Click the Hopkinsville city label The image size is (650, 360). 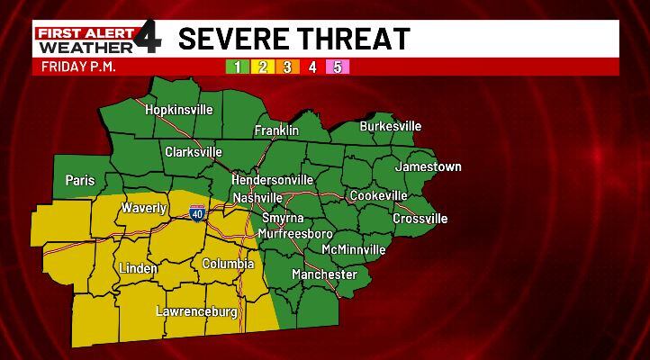[x=180, y=109]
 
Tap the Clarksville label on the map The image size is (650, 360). [x=193, y=152]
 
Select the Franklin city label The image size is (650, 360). [x=276, y=130]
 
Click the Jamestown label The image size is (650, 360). [x=428, y=166]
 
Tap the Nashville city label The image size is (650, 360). [x=257, y=197]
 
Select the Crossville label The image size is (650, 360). [x=420, y=219]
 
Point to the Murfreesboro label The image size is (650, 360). [x=295, y=234]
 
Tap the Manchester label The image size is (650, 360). [x=324, y=274]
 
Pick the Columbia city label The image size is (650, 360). [x=228, y=264]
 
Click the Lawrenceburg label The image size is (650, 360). [x=196, y=312]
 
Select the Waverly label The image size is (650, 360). [x=144, y=208]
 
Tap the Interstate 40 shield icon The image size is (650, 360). [x=197, y=213]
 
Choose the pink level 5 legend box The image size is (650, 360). [x=338, y=67]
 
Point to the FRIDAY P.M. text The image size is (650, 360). [x=80, y=67]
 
